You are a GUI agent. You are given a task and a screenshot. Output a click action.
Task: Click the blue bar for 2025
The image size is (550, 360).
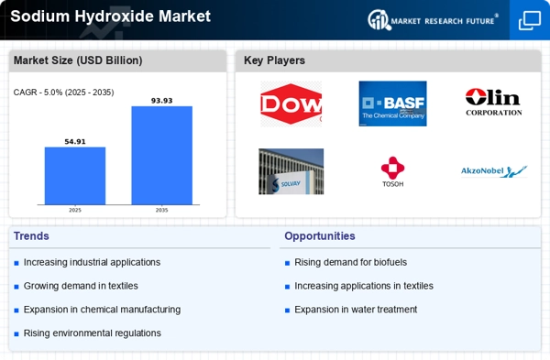[75, 176]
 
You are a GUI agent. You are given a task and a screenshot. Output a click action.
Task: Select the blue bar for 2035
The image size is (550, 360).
[161, 156]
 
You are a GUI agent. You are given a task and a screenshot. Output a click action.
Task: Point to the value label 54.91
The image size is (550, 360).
[75, 142]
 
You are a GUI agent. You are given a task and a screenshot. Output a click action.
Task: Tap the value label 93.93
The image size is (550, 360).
[161, 101]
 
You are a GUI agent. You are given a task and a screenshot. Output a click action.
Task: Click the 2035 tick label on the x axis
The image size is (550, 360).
[161, 210]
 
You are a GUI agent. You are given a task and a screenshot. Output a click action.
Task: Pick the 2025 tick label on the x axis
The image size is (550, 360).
[75, 210]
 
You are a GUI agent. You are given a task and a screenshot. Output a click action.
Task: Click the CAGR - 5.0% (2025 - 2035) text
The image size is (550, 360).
[63, 93]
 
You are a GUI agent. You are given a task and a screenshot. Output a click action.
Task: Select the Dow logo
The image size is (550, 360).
[291, 104]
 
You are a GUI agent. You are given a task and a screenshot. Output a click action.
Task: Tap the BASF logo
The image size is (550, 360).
[392, 104]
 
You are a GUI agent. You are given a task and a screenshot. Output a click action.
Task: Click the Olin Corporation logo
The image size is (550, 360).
[493, 102]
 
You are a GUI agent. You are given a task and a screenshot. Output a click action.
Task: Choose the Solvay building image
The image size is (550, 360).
[291, 171]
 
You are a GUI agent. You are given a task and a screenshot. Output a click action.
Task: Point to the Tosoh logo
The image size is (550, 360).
[393, 172]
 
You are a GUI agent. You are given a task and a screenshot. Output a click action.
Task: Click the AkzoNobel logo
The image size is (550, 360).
[494, 171]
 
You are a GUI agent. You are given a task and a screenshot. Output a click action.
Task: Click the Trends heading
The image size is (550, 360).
[31, 236]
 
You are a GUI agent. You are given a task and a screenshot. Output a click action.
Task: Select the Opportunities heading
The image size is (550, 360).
[320, 236]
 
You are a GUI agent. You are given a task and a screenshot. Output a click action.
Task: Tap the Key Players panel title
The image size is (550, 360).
[274, 60]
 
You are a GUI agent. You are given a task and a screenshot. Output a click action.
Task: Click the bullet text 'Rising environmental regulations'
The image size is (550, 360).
[93, 333]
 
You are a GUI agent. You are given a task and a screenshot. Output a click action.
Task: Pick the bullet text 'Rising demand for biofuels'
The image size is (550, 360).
[350, 262]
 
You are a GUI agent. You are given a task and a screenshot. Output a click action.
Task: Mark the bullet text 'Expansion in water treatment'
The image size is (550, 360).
[356, 310]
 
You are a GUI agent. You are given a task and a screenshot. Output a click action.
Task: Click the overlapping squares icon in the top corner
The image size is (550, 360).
[530, 20]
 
